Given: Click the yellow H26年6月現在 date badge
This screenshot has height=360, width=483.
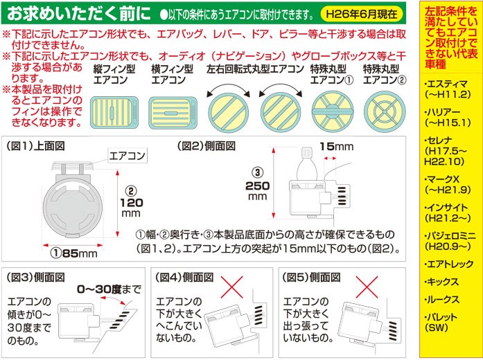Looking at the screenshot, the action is click(361, 14).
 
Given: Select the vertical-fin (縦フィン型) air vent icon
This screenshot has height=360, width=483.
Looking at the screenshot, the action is click(114, 112).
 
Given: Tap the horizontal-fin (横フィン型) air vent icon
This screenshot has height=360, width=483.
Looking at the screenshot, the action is click(173, 113).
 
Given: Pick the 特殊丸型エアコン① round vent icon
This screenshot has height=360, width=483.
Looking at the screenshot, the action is click(333, 111).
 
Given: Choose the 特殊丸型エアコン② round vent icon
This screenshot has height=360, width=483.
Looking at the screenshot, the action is click(385, 111).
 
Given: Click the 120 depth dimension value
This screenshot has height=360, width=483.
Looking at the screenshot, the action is click(132, 203).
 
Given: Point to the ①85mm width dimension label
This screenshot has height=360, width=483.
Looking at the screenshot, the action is click(74, 253).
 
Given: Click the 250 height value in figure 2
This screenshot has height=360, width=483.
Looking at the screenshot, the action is click(258, 186).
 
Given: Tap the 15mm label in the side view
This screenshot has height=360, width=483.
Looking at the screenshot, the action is click(336, 147).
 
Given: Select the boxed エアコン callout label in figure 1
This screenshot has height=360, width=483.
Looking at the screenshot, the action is click(128, 156).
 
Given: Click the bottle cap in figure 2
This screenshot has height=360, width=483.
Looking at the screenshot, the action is click(306, 152).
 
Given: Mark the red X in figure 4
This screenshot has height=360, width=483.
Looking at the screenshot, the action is click(231, 287).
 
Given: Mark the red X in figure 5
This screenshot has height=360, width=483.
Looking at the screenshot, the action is click(367, 287).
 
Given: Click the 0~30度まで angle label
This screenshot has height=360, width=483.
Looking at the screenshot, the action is click(109, 289).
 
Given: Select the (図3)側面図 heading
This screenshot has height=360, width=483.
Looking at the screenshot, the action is click(36, 277).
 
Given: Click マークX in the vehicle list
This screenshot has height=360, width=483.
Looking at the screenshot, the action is click(443, 179).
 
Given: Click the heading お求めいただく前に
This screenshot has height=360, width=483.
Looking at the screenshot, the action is click(79, 13).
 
